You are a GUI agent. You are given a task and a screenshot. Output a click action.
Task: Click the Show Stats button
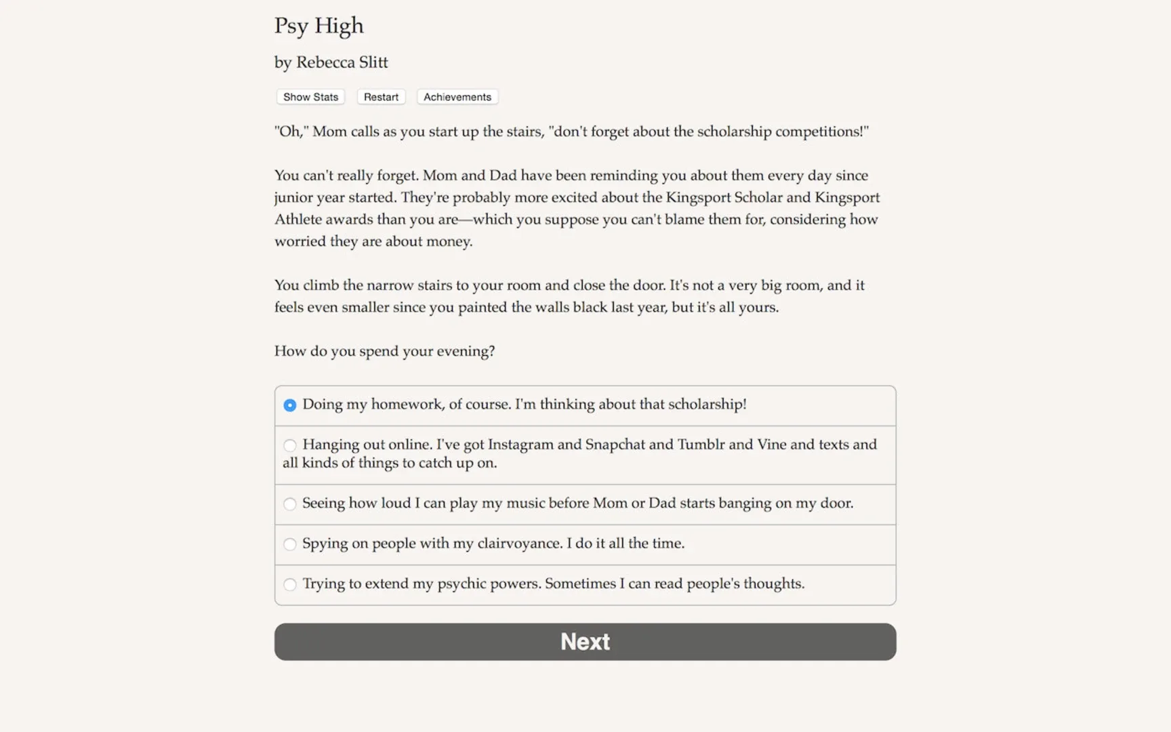pos(310,97)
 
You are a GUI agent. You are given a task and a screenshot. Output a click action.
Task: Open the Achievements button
pos(457,97)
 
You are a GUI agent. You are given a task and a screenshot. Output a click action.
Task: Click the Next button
pos(585,641)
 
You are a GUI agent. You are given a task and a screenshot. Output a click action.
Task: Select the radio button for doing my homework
pos(290,405)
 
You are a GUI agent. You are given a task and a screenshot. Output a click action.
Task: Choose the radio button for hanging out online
pos(290,445)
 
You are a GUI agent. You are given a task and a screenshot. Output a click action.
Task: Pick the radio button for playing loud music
pos(290,504)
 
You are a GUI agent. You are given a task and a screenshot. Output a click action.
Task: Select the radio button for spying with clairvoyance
pos(290,544)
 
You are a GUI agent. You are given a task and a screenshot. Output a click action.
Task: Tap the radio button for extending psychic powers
pos(290,584)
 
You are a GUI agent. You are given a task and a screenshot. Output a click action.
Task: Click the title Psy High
pos(319,26)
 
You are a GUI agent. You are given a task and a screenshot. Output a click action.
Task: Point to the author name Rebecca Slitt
pos(342,62)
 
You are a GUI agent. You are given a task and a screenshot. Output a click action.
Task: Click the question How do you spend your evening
pos(384,351)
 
